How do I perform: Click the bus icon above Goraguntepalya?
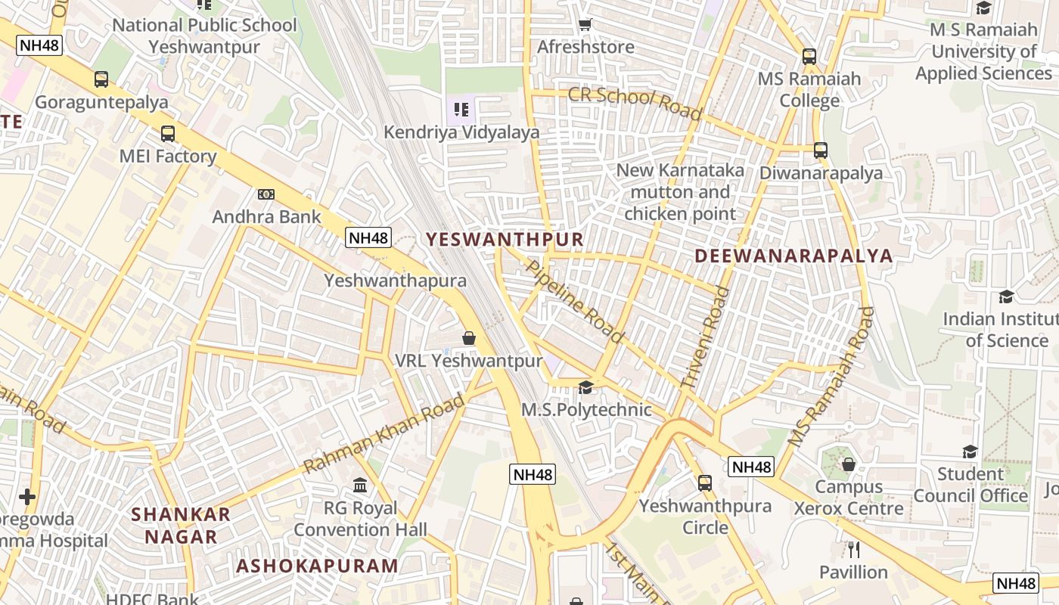click(x=101, y=79)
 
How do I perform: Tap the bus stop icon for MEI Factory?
click(x=168, y=134)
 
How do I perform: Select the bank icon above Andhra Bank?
click(x=266, y=194)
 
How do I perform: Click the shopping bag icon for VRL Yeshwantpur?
click(x=469, y=338)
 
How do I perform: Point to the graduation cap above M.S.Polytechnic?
click(x=585, y=388)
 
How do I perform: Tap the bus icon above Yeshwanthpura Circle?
click(x=705, y=482)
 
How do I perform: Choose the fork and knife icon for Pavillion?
click(x=854, y=550)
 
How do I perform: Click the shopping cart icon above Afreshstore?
click(x=585, y=25)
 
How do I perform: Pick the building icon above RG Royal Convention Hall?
click(x=360, y=485)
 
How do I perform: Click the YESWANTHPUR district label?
click(x=505, y=240)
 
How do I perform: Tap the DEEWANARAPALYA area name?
click(x=793, y=256)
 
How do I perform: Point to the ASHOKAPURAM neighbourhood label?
click(x=317, y=566)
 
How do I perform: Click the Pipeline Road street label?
click(x=575, y=301)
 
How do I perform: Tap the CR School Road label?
click(x=634, y=102)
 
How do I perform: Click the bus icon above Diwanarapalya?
click(x=821, y=150)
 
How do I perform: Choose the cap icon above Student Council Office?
click(x=970, y=452)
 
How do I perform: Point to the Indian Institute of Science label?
click(x=999, y=330)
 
